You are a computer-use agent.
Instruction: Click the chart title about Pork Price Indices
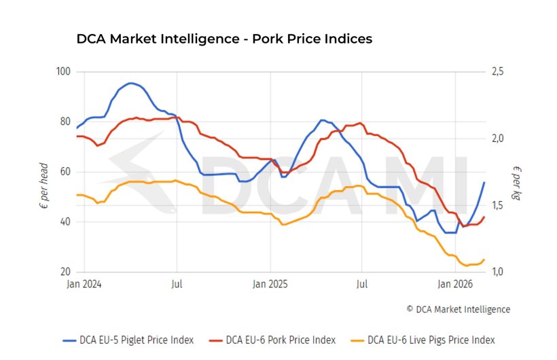pyautogui.click(x=224, y=39)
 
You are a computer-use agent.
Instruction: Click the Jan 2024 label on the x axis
pyautogui.click(x=84, y=285)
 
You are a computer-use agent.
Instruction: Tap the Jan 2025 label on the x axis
pyautogui.click(x=270, y=285)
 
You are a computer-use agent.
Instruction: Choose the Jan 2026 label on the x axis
pyautogui.click(x=455, y=285)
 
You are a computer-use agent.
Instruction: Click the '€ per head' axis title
pyautogui.click(x=44, y=184)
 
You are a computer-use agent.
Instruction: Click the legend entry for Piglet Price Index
pyautogui.click(x=128, y=340)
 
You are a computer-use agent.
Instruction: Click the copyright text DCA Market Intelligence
pyautogui.click(x=458, y=309)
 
